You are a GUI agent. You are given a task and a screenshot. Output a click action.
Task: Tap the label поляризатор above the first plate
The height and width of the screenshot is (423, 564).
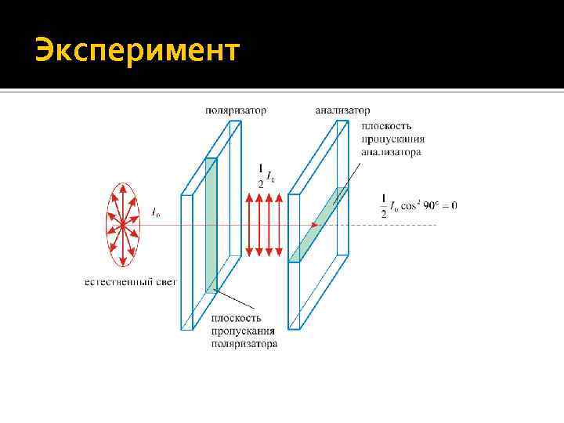pyautogui.click(x=235, y=111)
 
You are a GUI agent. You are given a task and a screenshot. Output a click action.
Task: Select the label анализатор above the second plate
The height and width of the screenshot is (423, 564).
pyautogui.click(x=342, y=111)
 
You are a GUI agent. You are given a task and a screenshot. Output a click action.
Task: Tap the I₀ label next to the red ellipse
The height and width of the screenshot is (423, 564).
pyautogui.click(x=156, y=211)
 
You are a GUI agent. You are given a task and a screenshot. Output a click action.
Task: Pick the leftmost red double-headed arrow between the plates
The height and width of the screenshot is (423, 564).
pyautogui.click(x=249, y=226)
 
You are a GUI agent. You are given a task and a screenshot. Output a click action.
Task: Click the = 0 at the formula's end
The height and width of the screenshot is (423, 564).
pyautogui.click(x=450, y=205)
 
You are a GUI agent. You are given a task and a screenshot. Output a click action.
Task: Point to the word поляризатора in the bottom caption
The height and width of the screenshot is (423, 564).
pyautogui.click(x=244, y=344)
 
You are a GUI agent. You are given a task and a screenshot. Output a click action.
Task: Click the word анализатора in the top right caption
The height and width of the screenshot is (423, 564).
pyautogui.click(x=391, y=152)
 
